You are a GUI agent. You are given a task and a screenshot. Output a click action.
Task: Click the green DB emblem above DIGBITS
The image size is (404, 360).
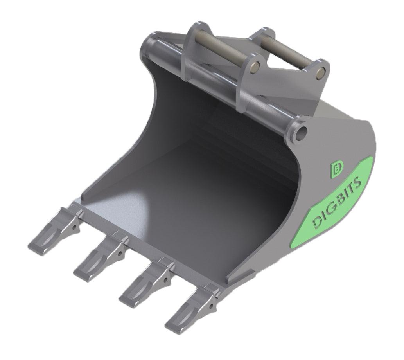pos(336,169)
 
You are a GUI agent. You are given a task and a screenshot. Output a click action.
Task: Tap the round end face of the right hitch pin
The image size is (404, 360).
pos(321,72)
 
